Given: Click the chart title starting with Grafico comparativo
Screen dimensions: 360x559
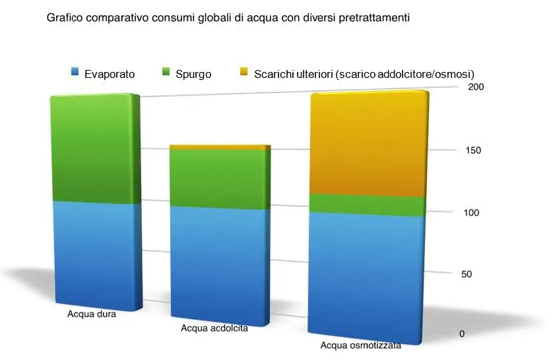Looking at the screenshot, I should tap(228, 18).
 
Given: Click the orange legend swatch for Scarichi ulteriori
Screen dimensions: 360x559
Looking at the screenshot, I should tap(244, 73).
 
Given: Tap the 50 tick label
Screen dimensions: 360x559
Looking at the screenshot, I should tap(467, 274).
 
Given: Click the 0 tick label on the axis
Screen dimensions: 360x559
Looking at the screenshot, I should tap(462, 334).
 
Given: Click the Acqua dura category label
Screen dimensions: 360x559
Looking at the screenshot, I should tap(92, 314).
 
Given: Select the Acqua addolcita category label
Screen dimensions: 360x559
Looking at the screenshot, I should tap(214, 328).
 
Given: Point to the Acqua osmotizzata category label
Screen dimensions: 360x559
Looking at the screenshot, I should tap(360, 345).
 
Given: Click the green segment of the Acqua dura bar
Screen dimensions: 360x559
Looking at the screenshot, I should tap(96, 149).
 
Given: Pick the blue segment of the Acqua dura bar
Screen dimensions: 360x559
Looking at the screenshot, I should tap(96, 254).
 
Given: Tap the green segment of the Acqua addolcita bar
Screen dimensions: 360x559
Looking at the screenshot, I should tap(220, 178).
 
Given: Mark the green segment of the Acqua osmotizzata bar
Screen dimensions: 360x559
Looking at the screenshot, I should tap(368, 205).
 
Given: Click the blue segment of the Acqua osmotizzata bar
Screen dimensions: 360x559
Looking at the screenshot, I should tap(368, 277).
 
